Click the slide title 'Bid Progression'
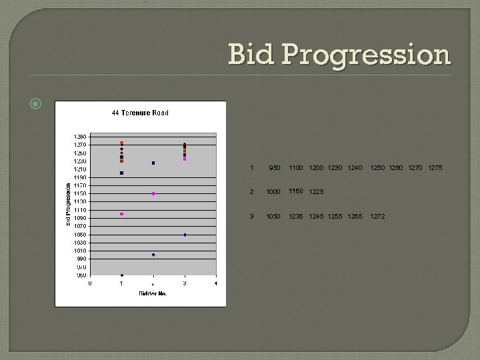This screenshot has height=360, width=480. pos(339,55)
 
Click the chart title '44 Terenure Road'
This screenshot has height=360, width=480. pos(140,113)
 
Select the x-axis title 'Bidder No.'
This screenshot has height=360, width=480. pos(153,293)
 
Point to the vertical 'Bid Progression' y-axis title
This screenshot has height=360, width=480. pos(69,205)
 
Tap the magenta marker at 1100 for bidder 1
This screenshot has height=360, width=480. pos(121,214)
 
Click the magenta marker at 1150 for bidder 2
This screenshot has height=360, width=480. pos(153,194)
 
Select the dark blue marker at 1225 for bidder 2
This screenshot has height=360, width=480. pos(153,163)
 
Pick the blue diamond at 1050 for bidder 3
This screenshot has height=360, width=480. pos(185,235)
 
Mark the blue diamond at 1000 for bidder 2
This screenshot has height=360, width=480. pos(153,255)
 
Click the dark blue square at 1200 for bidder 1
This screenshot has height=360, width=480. pos(121,173)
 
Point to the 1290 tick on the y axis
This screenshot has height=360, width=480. pos(79,137)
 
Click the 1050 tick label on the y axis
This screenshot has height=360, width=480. pos(79,235)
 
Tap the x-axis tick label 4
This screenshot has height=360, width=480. pos(216,283)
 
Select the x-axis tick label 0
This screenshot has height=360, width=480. pos(90,283)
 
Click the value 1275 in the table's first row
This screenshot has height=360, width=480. pos(435,168)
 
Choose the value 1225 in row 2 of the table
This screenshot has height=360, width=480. pos(316,192)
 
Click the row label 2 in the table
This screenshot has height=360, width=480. pos(251,192)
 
